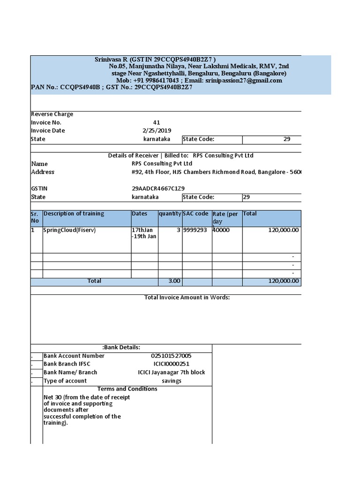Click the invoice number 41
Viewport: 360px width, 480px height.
[x=157, y=122]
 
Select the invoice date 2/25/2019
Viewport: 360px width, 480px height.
[x=157, y=131]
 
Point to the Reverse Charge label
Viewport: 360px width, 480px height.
[x=52, y=114]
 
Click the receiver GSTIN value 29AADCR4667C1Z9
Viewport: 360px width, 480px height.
[x=155, y=188]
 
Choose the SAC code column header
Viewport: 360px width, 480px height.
[x=195, y=214]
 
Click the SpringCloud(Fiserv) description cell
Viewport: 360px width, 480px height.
[x=69, y=231]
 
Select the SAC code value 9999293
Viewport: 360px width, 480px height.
[x=195, y=231]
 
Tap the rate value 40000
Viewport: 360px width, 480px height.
[x=221, y=231]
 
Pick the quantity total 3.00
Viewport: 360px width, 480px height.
[x=174, y=281]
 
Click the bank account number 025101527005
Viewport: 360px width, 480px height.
[x=171, y=356]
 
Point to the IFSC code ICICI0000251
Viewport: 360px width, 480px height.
[x=171, y=364]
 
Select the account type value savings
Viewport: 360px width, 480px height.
[x=171, y=381]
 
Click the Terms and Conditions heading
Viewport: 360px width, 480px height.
[x=127, y=389]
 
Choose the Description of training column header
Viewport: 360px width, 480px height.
[x=74, y=214]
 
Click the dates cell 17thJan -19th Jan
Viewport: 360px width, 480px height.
[x=144, y=233]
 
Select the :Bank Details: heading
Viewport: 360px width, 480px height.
[x=121, y=347]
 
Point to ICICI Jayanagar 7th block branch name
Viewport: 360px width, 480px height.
[x=171, y=373]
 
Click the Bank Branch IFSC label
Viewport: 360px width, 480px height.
[x=67, y=364]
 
